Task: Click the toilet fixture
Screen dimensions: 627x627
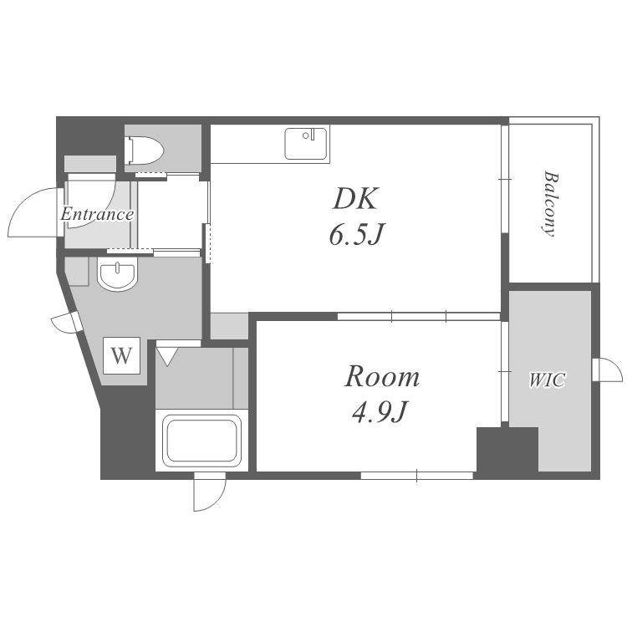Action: [x=144, y=150]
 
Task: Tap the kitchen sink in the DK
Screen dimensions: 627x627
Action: [x=305, y=144]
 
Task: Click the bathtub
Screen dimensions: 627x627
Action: [x=202, y=441]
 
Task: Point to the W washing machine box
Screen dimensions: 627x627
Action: [x=121, y=355]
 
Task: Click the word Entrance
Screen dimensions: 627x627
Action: [x=97, y=214]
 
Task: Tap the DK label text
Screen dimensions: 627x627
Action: [x=355, y=199]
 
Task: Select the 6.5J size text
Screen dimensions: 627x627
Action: [x=357, y=234]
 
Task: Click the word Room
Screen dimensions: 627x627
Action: [x=382, y=377]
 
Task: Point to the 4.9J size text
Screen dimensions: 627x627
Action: [x=380, y=412]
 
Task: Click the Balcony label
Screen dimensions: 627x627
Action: [x=551, y=204]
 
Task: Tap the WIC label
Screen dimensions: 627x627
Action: [x=548, y=380]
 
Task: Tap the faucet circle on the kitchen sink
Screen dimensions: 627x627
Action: [x=305, y=135]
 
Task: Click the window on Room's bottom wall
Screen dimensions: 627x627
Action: [x=416, y=476]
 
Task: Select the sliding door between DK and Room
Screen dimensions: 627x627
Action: [x=419, y=316]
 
